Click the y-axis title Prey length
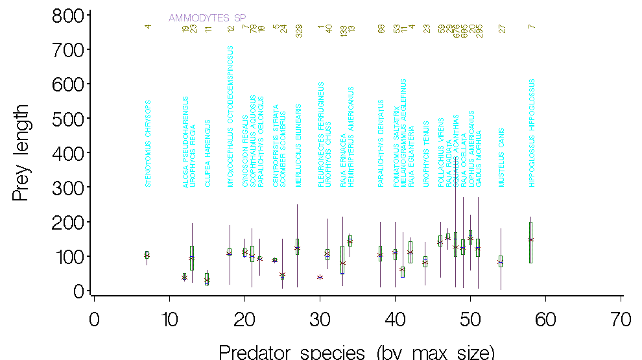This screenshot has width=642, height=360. (x=21, y=152)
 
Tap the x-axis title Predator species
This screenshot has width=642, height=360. (x=357, y=352)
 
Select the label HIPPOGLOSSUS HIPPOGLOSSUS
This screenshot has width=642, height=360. (x=531, y=134)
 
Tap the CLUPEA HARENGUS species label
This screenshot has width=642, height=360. (x=208, y=153)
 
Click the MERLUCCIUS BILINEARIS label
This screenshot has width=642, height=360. (x=298, y=146)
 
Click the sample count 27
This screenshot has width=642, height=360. (x=501, y=29)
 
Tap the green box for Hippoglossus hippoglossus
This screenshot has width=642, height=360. (x=530, y=242)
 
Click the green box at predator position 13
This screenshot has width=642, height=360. (x=192, y=258)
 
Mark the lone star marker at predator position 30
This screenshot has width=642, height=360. (x=320, y=277)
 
